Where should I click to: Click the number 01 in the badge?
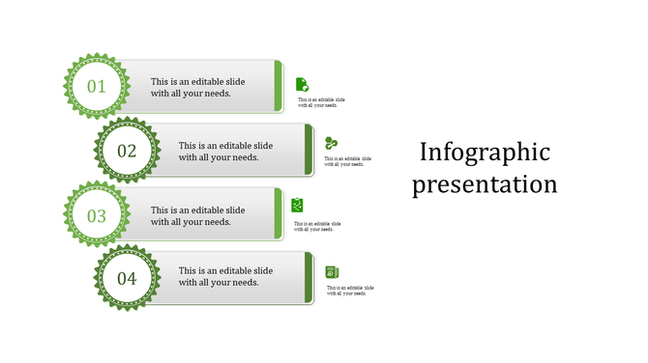pos(96,87)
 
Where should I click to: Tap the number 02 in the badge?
pos(127,152)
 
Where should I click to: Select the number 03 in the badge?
pos(96,215)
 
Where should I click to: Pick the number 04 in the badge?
pos(127,280)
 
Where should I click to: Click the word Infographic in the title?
pos(485,153)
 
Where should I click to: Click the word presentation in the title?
pos(485,184)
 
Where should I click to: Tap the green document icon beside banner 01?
pos(302,84)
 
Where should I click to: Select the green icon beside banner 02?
pos(331,143)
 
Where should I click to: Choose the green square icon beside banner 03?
pos(298,205)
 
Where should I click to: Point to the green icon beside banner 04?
pos(332,272)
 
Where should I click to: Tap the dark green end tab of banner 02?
pos(309,151)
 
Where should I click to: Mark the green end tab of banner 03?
pos(279,215)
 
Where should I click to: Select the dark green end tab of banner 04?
pos(309,278)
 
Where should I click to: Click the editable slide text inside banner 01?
pos(197,88)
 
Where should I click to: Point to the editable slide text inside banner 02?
pos(225,152)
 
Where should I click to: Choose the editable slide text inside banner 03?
pos(197,216)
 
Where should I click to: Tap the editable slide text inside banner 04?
pos(225,277)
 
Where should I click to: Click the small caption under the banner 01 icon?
pos(321,102)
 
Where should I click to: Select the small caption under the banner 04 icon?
pos(350,291)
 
